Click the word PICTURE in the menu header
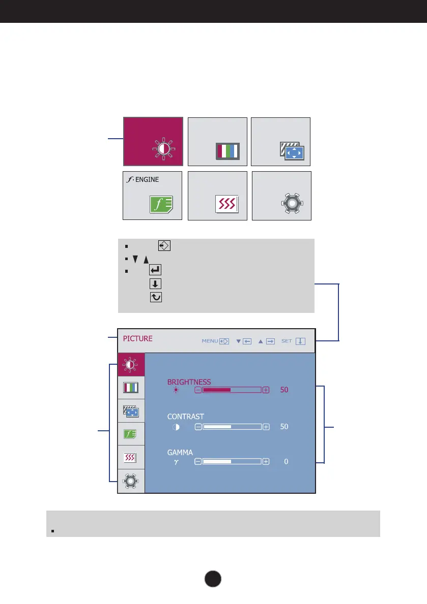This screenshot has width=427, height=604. point(137,338)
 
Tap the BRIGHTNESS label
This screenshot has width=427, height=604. point(189,382)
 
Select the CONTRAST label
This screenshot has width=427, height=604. point(185,417)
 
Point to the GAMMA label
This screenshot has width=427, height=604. point(180,452)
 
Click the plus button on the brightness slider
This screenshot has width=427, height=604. point(266,390)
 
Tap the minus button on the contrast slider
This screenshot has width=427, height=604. point(198,427)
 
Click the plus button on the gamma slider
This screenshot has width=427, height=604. point(266,462)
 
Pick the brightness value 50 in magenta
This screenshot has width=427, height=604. point(284,390)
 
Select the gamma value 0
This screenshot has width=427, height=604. point(286,462)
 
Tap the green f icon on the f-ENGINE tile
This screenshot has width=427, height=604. point(161,204)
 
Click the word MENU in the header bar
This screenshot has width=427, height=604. point(210,341)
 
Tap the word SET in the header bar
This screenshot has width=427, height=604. point(287,341)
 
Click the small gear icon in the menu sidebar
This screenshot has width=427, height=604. point(131,481)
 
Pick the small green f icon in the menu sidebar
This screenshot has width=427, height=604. point(131,434)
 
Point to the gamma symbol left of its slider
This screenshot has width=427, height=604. point(176,462)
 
